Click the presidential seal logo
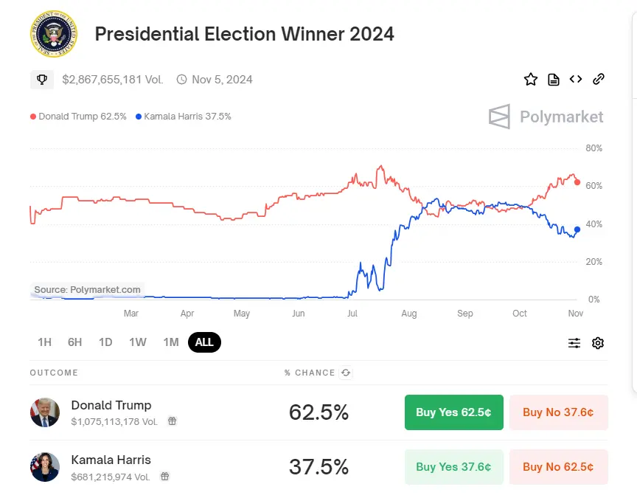[53, 33]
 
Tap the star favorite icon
[531, 80]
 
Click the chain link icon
[599, 80]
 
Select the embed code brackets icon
[576, 80]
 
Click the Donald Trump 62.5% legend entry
[78, 117]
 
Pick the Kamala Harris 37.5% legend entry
[184, 117]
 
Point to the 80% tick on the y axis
[594, 148]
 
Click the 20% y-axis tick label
[594, 262]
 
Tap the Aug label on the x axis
[408, 314]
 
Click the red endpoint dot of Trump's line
[577, 182]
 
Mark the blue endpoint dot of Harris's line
[577, 229]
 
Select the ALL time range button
[204, 342]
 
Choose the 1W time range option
[138, 342]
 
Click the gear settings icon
[598, 343]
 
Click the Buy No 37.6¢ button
[558, 412]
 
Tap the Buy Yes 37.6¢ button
[453, 467]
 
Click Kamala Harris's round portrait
[45, 467]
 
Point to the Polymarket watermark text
[561, 117]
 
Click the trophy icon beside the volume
[42, 80]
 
